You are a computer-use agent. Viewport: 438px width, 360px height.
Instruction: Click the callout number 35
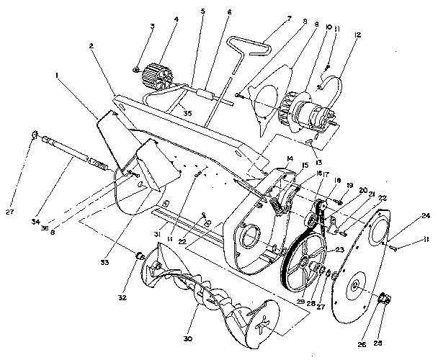(187, 113)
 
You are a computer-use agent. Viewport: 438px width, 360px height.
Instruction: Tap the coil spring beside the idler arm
(276, 204)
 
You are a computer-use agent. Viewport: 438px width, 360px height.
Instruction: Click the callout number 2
(91, 45)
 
